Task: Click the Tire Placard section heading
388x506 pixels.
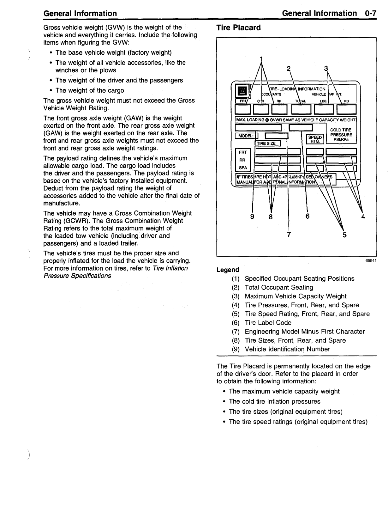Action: click(238, 28)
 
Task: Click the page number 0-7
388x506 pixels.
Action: click(370, 13)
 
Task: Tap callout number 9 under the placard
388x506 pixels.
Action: click(252, 216)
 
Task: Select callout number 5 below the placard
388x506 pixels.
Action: click(344, 235)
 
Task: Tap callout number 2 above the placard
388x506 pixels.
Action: click(289, 69)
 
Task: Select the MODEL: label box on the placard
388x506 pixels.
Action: click(245, 136)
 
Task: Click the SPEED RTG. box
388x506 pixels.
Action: click(315, 139)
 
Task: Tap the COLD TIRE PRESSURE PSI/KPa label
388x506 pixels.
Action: click(341, 135)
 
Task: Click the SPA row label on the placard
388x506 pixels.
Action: click(242, 168)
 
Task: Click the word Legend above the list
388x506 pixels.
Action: click(228, 270)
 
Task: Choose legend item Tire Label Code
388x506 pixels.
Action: click(268, 323)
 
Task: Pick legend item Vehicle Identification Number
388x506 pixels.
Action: click(287, 349)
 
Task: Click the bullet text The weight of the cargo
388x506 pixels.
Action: click(90, 90)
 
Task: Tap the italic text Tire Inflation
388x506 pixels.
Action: click(170, 268)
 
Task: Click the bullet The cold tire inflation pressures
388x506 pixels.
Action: click(274, 401)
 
